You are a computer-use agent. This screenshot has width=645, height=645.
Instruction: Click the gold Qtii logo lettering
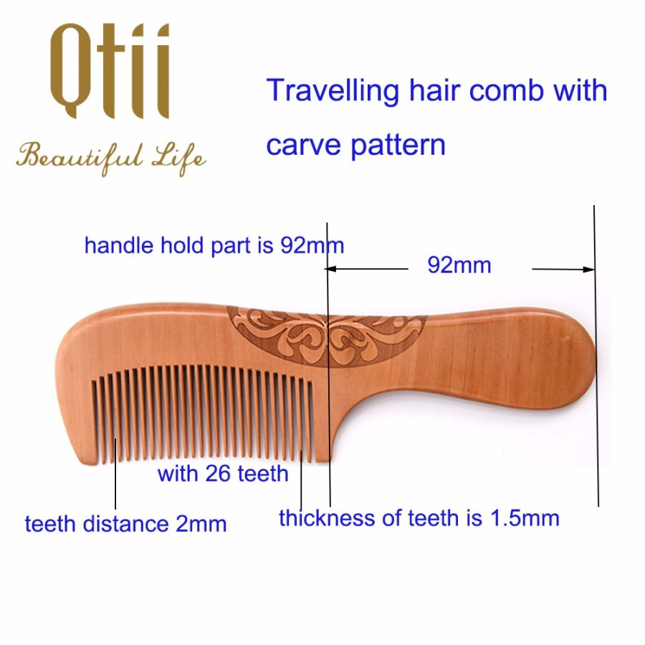[x=110, y=71]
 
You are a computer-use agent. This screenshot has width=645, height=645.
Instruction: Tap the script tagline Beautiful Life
[x=111, y=159]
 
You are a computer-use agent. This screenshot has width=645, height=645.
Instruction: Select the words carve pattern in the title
[x=355, y=146]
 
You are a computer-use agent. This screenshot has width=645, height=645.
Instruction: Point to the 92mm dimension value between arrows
[x=459, y=265]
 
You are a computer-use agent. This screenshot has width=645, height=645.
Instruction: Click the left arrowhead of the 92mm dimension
[x=330, y=269]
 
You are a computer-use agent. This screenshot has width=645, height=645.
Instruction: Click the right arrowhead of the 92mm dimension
[x=588, y=269]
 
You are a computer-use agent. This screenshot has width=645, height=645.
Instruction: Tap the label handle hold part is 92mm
[x=214, y=246]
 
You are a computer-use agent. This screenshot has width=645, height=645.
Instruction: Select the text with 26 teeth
[x=223, y=474]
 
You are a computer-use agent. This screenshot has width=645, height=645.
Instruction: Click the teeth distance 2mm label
[x=126, y=524]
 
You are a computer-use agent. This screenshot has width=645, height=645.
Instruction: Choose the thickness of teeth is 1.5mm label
[x=419, y=518]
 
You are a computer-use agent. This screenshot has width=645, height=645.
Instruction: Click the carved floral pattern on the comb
[x=326, y=335]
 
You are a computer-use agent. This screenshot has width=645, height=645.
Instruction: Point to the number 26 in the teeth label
[x=218, y=474]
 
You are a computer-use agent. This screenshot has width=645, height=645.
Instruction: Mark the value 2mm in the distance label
[x=201, y=524]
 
